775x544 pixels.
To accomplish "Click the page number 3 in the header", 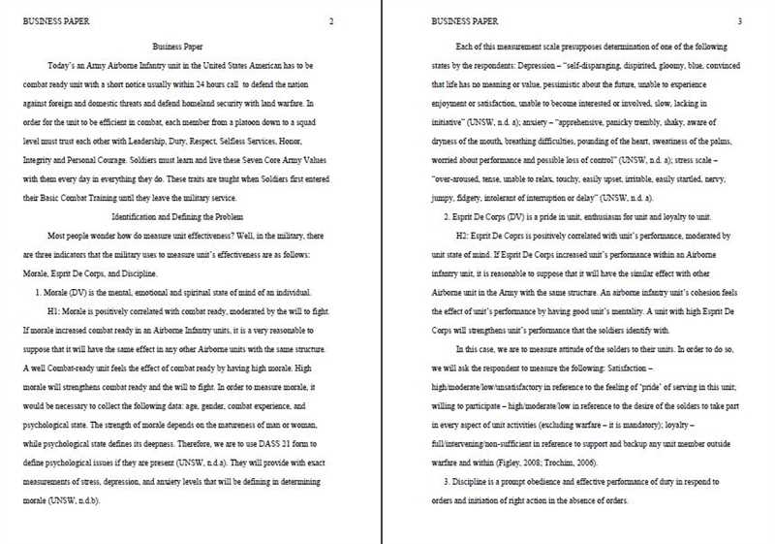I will point(740,21).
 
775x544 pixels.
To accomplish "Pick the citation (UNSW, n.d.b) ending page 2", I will point(76,502).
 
